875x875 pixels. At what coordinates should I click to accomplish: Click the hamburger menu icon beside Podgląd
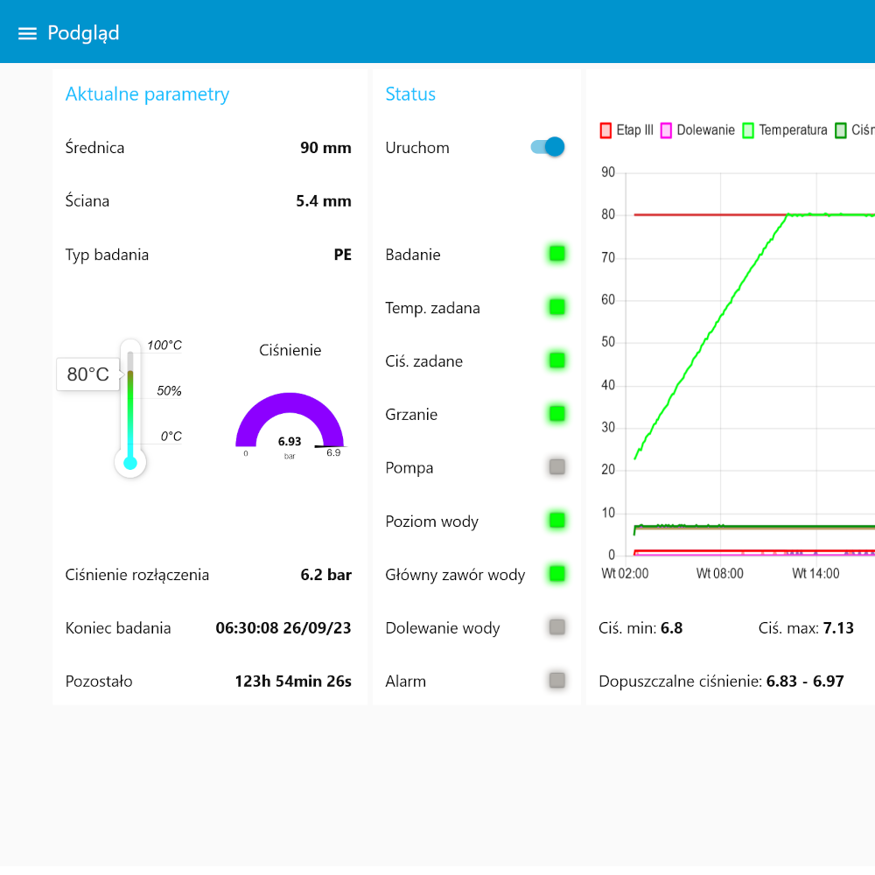pos(27,33)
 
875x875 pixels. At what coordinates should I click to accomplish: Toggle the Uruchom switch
pos(548,147)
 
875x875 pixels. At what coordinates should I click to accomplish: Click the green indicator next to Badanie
pos(556,254)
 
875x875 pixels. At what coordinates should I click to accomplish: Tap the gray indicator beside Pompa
pos(556,467)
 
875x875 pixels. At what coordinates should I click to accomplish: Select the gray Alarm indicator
pos(556,680)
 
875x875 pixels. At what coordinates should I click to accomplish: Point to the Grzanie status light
pos(556,414)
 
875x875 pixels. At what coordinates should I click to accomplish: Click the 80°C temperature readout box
pos(88,374)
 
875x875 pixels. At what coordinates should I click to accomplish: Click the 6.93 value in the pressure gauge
pos(290,441)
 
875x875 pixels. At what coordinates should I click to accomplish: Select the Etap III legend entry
pos(626,130)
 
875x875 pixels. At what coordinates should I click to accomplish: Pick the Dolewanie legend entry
pos(697,130)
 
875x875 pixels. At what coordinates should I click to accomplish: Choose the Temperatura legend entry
pos(785,130)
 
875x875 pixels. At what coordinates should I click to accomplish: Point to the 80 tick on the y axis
pos(608,214)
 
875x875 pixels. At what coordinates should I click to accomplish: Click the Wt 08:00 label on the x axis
pos(720,574)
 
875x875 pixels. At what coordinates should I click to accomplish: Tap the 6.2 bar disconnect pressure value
pos(325,575)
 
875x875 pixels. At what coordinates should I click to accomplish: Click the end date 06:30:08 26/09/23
pos(283,627)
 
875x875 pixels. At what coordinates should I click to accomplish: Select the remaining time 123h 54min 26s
pos(293,682)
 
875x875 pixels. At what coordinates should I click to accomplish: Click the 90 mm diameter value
pos(325,147)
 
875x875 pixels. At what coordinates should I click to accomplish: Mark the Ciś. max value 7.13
pos(838,627)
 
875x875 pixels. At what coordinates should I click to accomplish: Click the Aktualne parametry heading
pos(147,94)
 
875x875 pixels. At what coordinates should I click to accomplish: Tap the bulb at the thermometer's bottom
pos(130,463)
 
